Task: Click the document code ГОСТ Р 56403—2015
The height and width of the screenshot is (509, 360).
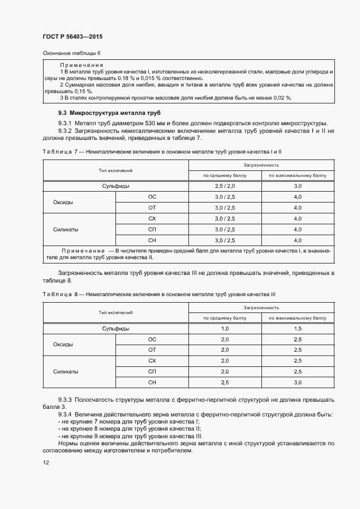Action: click(72, 36)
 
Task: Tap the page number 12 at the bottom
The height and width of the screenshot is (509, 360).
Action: click(46, 462)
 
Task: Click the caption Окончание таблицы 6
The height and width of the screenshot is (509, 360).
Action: click(72, 53)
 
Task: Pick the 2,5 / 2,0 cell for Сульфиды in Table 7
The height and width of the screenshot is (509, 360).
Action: click(225, 186)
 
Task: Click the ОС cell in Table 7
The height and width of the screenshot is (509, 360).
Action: click(152, 197)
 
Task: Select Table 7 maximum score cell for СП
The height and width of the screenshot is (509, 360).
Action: click(297, 229)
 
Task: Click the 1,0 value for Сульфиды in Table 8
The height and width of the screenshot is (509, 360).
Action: click(225, 329)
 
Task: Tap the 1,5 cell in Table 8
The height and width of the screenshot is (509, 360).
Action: click(297, 329)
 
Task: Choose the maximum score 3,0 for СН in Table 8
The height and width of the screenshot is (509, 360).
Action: click(297, 383)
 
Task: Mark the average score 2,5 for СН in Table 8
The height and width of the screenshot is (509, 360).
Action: click(225, 383)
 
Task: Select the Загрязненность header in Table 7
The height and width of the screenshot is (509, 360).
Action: click(261, 164)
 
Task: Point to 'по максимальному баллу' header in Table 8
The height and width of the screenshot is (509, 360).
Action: click(297, 318)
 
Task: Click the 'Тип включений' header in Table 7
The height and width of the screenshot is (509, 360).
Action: click(115, 170)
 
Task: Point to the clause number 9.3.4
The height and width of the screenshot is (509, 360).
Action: click(68, 414)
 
